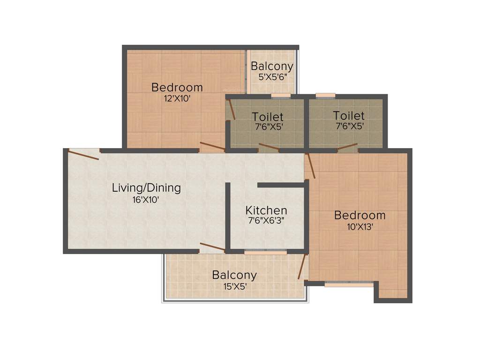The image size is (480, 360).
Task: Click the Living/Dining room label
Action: (146, 188)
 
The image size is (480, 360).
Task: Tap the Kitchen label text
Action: (266, 210)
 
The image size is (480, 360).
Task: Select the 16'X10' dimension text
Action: (146, 199)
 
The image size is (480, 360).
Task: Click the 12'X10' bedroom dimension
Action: (177, 98)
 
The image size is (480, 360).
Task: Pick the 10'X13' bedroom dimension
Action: (360, 226)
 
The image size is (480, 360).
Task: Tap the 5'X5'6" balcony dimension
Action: (272, 76)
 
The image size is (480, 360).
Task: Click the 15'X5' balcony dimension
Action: (234, 286)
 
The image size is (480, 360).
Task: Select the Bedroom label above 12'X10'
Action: (177, 87)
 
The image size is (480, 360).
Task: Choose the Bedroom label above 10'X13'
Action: (360, 215)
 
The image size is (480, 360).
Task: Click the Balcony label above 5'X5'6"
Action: (272, 66)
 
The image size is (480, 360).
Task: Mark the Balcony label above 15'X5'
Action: (234, 275)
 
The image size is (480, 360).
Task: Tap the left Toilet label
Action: (268, 116)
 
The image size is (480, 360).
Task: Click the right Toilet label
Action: (349, 115)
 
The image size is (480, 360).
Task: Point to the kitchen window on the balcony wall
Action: (265, 252)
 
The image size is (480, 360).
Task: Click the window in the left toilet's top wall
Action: (280, 96)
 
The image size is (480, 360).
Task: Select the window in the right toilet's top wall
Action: (325, 96)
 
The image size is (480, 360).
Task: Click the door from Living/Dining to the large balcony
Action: (212, 247)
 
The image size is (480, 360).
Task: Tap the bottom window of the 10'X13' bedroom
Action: (349, 284)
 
